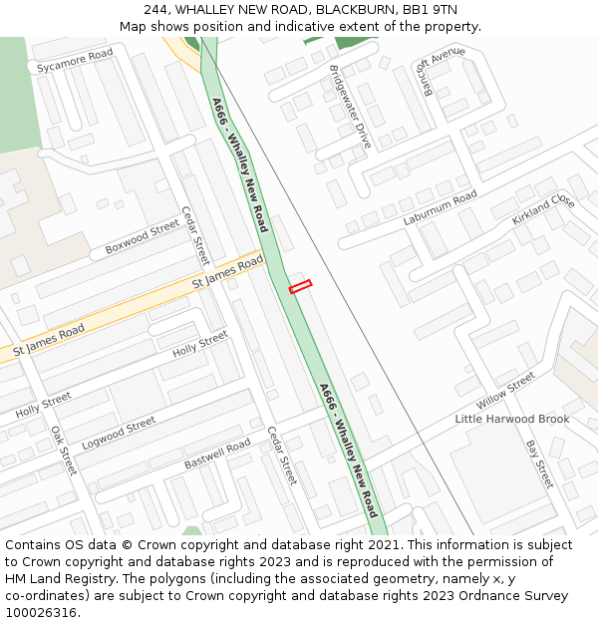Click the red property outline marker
(x=300, y=286)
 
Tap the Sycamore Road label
(x=75, y=62)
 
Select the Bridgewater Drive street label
(x=350, y=107)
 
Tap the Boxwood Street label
(x=142, y=238)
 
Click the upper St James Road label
(x=227, y=273)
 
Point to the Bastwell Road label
(x=217, y=455)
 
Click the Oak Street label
(x=64, y=451)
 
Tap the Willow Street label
(x=505, y=391)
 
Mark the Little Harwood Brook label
(x=512, y=419)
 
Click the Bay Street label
(x=538, y=465)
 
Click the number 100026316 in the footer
(x=41, y=612)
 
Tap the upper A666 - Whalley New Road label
(x=239, y=163)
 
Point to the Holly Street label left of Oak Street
(x=43, y=405)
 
